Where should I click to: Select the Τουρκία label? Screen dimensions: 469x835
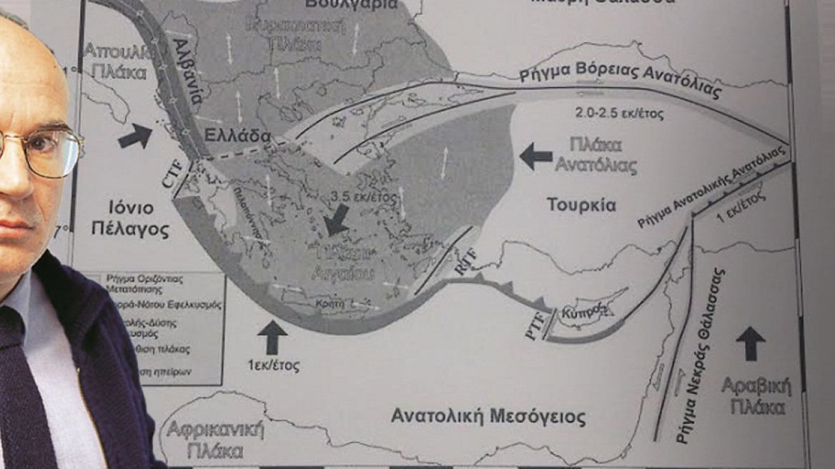tap(581, 204)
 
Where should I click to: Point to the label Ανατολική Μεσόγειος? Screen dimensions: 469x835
tap(488, 415)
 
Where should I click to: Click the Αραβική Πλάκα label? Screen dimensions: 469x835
tap(756, 396)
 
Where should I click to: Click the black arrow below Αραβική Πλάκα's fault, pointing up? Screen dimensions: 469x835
tap(750, 342)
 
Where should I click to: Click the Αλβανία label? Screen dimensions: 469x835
tap(184, 70)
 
